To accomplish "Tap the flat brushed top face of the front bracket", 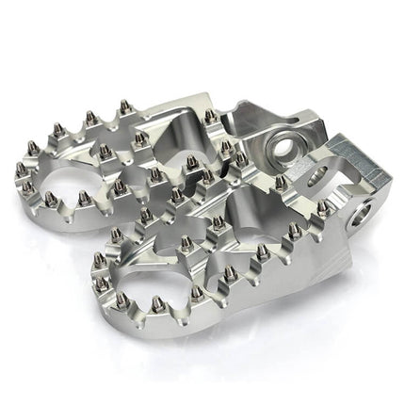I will coord(358,160).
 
